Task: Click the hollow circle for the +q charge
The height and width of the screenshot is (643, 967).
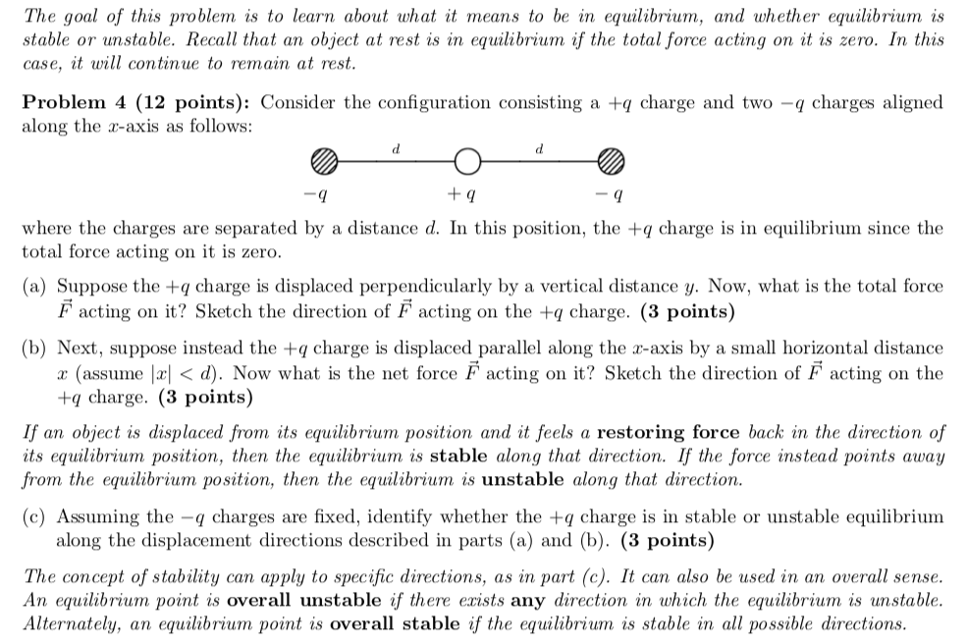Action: [x=467, y=160]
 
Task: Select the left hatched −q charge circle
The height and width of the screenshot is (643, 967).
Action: [x=325, y=160]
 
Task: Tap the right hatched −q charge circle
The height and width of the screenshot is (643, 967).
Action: [x=611, y=160]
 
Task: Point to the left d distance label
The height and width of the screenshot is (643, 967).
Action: [x=396, y=149]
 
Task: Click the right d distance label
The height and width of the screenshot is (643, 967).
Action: [x=539, y=149]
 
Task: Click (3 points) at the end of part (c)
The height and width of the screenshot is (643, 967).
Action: [x=668, y=542]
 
